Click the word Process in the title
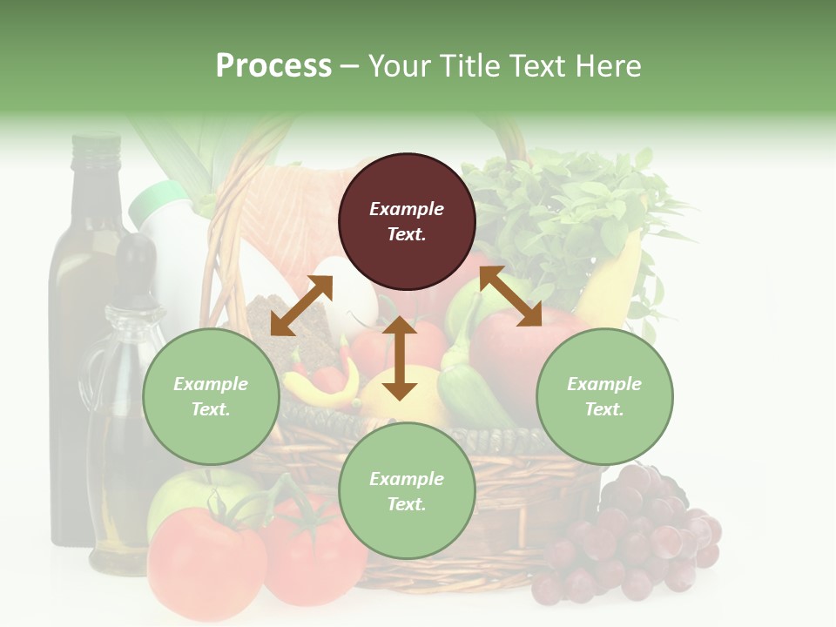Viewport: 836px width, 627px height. [273, 66]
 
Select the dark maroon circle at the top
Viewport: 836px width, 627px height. [407, 221]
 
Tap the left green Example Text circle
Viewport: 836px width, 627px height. [211, 396]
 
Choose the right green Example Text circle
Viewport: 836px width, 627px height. [604, 396]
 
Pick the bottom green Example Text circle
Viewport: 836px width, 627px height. [407, 491]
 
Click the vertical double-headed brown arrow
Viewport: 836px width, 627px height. [400, 358]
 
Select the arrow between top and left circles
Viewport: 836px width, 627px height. [301, 306]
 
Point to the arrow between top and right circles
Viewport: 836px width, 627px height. [510, 296]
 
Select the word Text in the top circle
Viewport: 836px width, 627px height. [407, 234]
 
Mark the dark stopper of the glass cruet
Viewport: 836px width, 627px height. [135, 261]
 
